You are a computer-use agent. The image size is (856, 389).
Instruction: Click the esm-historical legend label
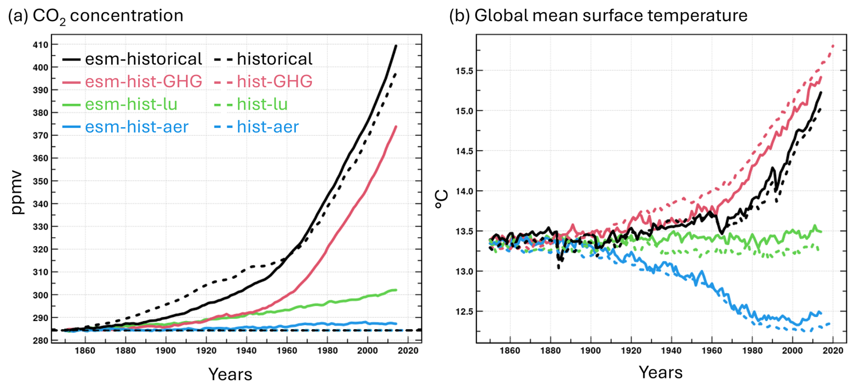tap(143, 59)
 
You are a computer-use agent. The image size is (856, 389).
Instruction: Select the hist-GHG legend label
tap(274, 81)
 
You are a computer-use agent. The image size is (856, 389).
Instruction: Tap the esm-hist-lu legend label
tap(131, 104)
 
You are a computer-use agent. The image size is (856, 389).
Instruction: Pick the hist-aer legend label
tap(267, 127)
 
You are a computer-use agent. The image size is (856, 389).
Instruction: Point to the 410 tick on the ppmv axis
tap(40, 45)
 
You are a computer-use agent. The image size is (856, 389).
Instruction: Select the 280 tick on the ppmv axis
tap(40, 341)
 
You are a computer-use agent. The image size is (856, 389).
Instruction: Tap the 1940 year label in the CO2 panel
tap(247, 351)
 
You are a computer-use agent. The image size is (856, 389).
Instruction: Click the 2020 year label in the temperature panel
tap(833, 351)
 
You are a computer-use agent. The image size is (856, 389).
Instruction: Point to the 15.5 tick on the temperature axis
tap(464, 71)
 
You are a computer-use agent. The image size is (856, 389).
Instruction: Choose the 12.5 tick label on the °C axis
tap(464, 312)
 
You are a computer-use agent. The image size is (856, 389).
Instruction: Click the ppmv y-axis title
tap(16, 192)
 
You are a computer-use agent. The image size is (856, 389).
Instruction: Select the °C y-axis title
tap(441, 199)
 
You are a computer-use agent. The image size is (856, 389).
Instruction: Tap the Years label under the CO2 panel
tap(230, 374)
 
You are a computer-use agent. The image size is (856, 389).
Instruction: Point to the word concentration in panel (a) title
tap(126, 15)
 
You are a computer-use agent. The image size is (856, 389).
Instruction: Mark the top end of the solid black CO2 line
tap(396, 46)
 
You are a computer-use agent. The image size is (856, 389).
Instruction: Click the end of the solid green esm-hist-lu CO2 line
tap(396, 290)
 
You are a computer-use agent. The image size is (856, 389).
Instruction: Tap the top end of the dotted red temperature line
tap(833, 46)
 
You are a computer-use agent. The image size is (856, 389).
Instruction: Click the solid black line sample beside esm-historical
tap(71, 59)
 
